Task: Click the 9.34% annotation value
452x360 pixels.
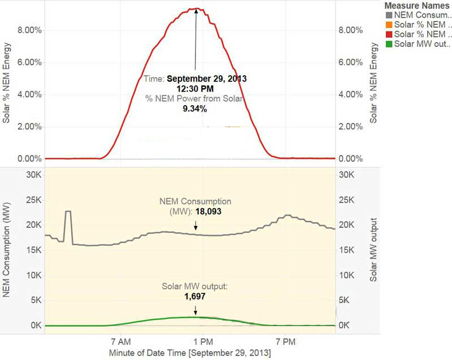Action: (194, 109)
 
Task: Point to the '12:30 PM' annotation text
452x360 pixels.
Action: (194, 88)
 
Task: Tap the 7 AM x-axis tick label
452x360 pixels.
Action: (120, 342)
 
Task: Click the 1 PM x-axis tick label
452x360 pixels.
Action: (202, 342)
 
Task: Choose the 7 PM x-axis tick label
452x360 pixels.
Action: (285, 342)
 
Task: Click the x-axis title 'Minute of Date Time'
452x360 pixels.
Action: (190, 353)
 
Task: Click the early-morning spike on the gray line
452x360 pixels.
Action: (68, 212)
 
